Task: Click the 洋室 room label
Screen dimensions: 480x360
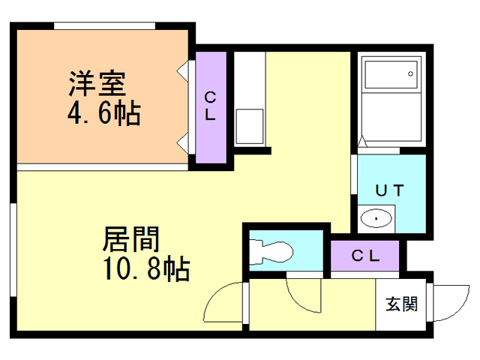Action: pos(97,83)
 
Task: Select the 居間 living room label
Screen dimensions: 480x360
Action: pos(131,239)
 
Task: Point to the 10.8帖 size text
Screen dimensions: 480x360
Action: pos(146,268)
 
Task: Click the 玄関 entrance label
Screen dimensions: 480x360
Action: pos(402,304)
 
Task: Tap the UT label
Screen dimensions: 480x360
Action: pos(389,190)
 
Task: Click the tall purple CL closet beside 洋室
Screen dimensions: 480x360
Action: pos(211,107)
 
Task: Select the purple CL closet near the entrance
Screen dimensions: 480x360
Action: pos(365,256)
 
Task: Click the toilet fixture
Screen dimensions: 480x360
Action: pos(271,252)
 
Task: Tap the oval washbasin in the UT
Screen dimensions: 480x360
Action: pos(376,218)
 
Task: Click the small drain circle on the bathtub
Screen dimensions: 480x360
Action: pos(410,73)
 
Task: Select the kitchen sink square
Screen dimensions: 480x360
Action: pos(250,127)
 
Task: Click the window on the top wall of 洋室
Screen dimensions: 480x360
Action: pos(105,25)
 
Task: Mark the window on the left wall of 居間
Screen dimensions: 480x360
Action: pos(13,250)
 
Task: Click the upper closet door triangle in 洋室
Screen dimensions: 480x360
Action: pos(182,71)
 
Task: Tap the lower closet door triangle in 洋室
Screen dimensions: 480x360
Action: pos(182,143)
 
